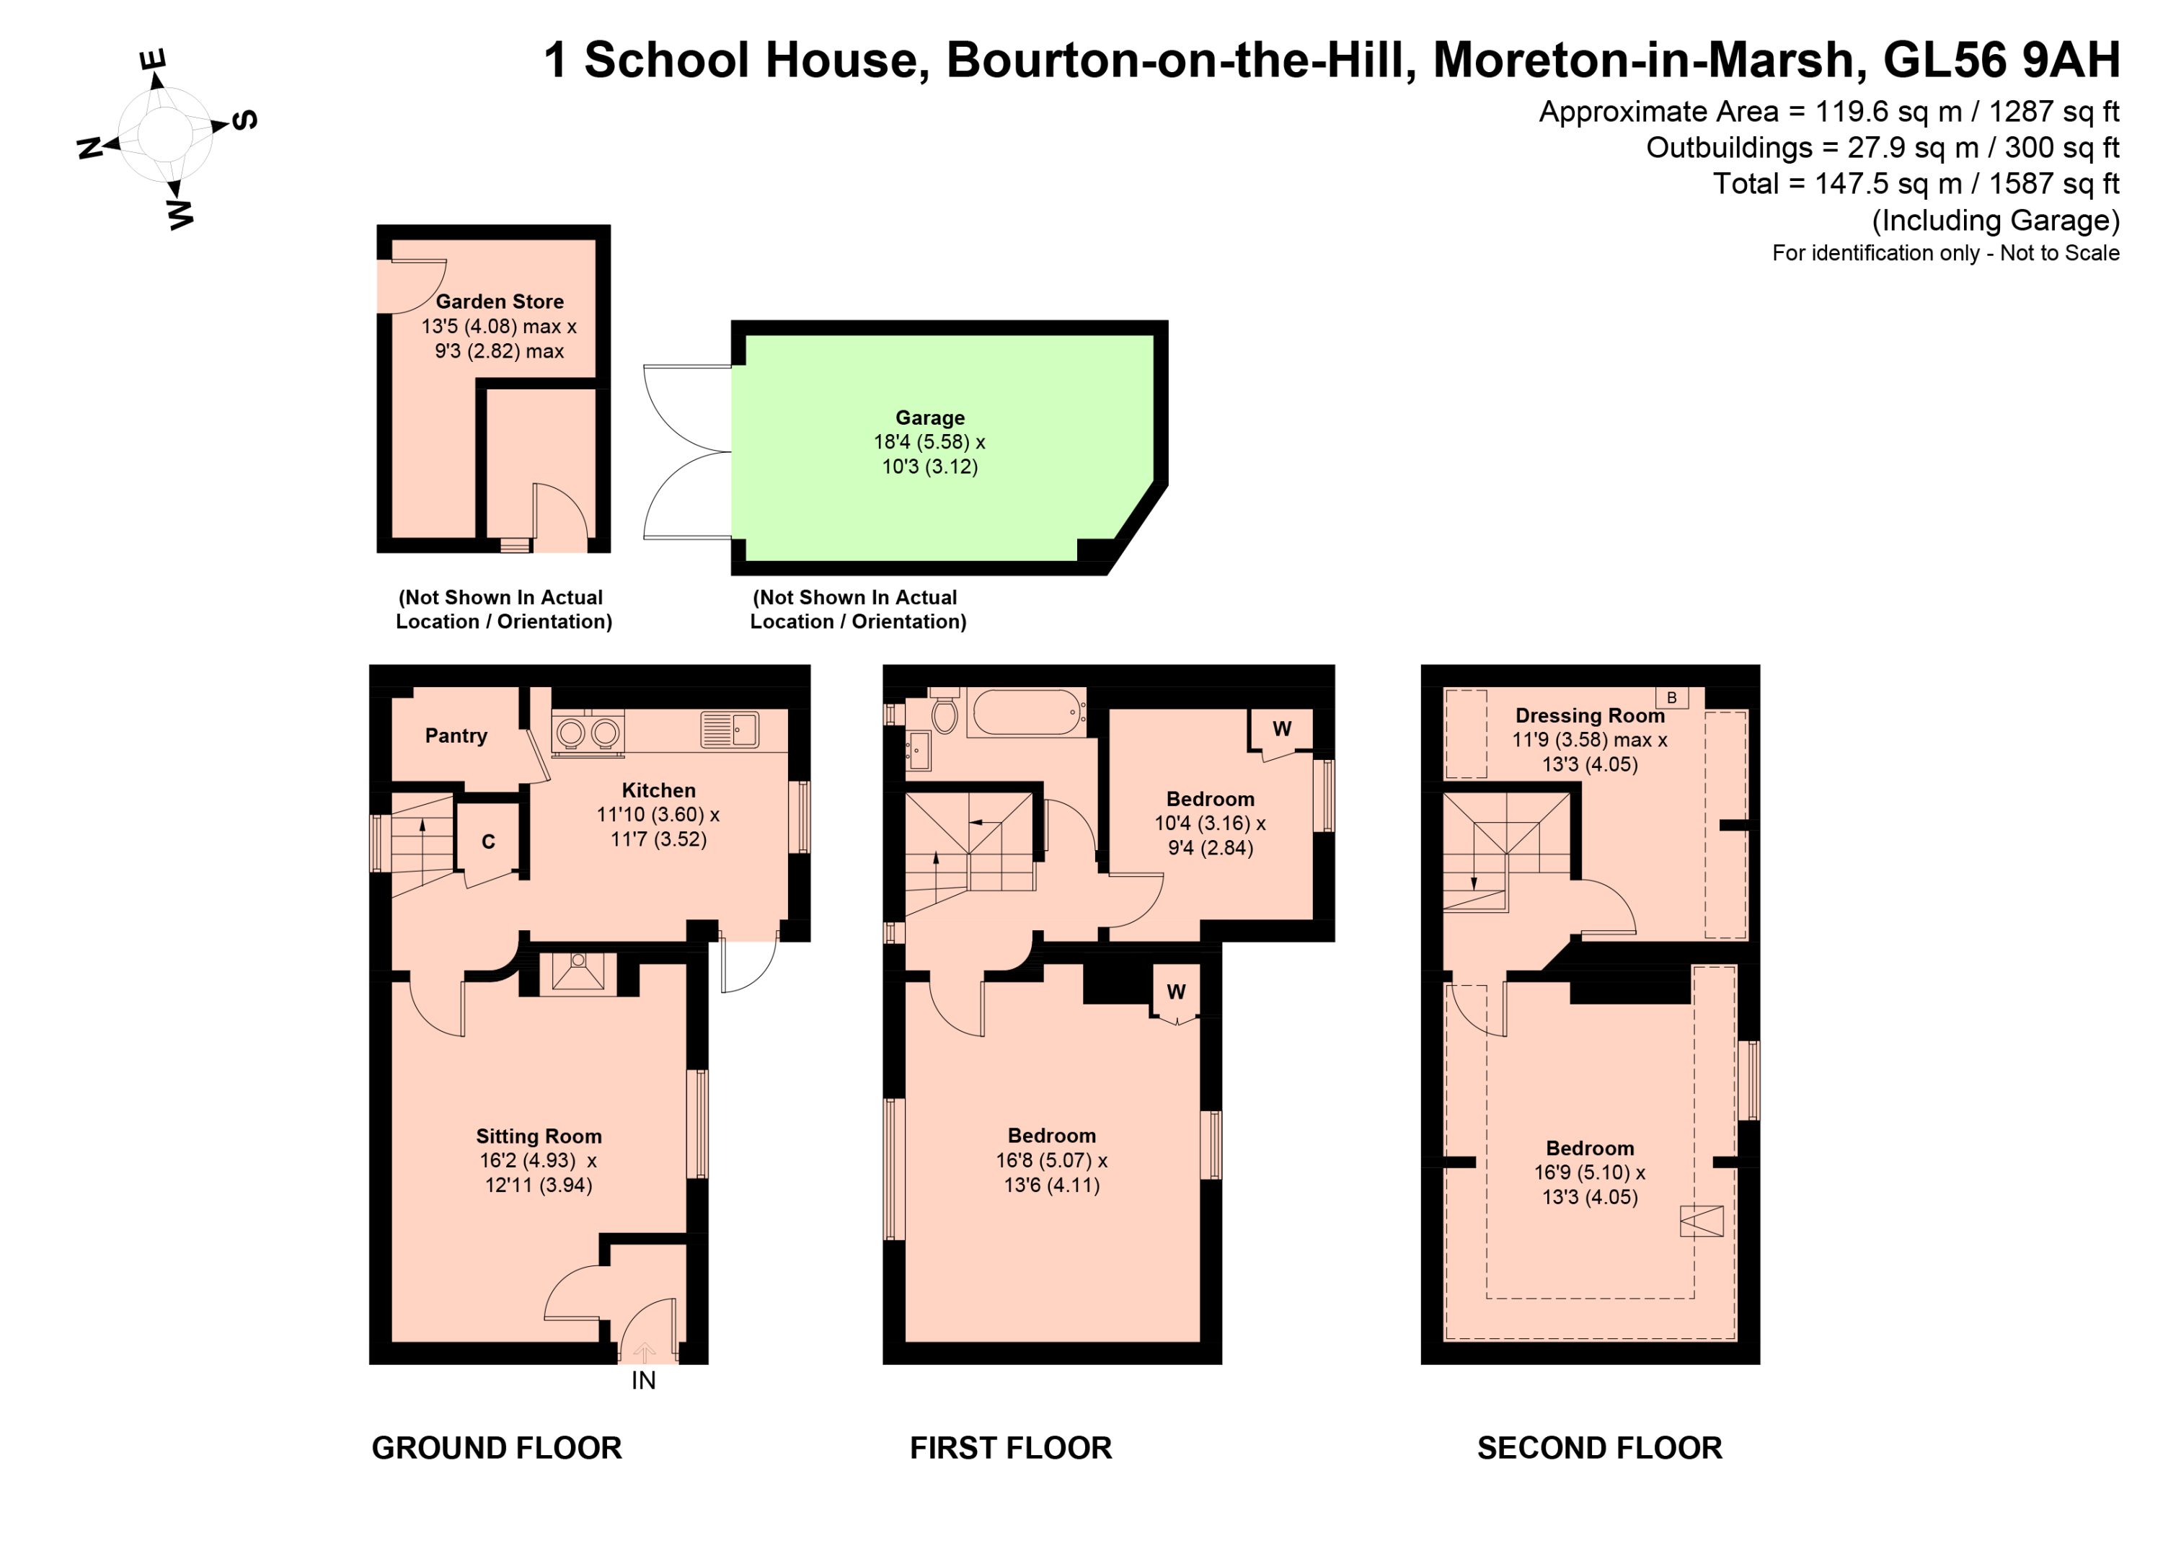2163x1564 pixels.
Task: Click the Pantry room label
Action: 456,735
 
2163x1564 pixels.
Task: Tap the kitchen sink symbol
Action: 730,730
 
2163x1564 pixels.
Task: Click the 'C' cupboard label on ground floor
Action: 488,841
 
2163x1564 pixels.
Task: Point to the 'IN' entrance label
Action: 644,1380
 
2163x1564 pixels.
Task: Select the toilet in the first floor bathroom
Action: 945,712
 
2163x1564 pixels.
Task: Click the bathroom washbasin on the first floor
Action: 919,751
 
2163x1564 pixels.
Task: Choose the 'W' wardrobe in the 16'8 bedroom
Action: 1176,993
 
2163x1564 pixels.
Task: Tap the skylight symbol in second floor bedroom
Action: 1702,1221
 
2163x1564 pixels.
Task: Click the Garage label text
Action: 930,417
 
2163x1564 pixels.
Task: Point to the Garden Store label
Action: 500,301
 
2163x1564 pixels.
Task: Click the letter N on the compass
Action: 89,148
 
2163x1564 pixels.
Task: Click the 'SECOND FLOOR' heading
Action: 1599,1448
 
